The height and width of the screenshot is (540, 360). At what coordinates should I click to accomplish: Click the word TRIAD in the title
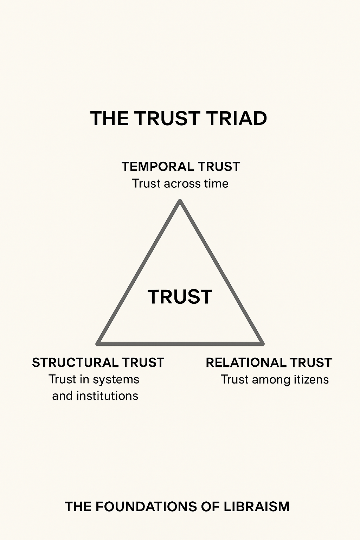(x=236, y=118)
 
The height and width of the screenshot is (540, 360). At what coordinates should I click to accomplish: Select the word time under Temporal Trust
(x=216, y=184)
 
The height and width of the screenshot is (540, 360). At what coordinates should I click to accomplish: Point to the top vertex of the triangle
(x=180, y=201)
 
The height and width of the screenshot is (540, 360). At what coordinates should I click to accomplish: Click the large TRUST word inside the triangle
(x=180, y=297)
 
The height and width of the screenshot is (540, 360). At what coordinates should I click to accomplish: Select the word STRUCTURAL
(x=75, y=362)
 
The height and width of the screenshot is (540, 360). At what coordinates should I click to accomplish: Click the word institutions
(x=107, y=396)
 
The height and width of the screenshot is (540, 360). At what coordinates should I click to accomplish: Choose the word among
(x=269, y=380)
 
